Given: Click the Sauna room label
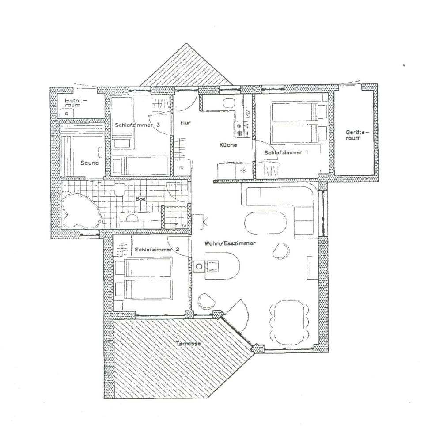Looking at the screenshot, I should (x=89, y=163).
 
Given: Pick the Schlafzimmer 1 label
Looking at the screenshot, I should (x=286, y=152).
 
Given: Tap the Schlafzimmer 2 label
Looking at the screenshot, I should (x=157, y=250).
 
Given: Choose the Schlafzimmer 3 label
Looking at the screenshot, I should (x=137, y=125).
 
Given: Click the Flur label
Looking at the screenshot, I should (x=185, y=122).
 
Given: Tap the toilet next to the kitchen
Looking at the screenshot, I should (x=228, y=103).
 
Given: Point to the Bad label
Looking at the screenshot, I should (x=140, y=200).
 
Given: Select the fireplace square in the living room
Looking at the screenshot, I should (x=200, y=266).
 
